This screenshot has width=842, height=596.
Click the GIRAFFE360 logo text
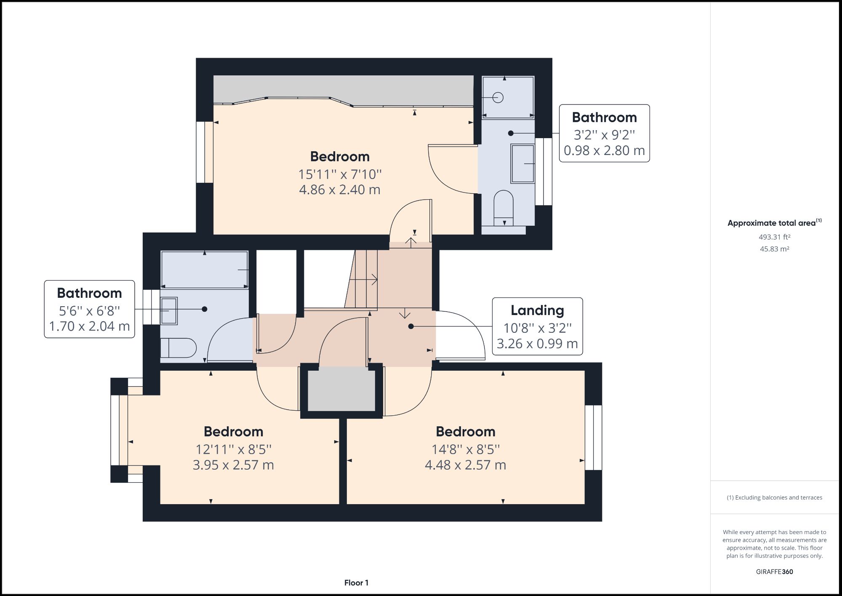click(x=774, y=572)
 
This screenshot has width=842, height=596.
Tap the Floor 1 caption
click(x=356, y=583)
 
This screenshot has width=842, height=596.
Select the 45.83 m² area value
click(x=774, y=249)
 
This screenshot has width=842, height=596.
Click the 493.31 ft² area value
click(x=774, y=237)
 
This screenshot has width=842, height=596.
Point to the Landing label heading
click(x=537, y=310)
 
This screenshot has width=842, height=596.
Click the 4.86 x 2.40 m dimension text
click(x=339, y=190)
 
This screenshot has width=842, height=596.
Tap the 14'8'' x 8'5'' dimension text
click(x=465, y=449)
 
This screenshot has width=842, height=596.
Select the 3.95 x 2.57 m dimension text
click(x=233, y=465)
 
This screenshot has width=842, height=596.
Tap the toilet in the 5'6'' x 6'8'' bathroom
click(x=179, y=348)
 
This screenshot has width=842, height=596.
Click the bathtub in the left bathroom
click(x=204, y=270)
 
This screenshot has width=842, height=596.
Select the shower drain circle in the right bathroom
click(x=498, y=98)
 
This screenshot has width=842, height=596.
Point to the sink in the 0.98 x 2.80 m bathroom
click(x=522, y=164)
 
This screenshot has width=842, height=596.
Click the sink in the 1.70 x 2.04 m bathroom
click(x=169, y=311)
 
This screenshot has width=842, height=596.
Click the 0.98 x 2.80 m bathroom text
click(x=604, y=150)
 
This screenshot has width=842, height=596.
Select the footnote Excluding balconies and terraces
click(x=774, y=497)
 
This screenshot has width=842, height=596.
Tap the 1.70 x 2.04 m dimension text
click(x=89, y=326)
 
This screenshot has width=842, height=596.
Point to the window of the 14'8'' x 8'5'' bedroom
click(x=593, y=438)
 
